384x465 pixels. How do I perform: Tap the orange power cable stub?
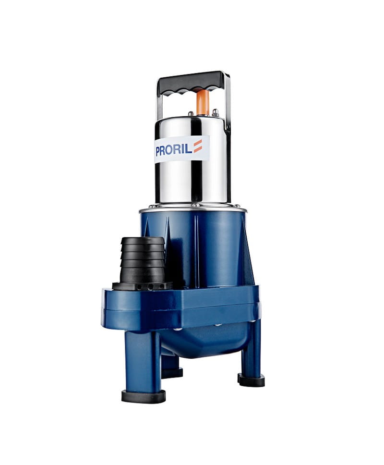click(203, 102)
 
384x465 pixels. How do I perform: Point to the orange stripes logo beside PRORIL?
click(198, 147)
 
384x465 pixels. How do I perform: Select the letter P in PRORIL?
click(158, 151)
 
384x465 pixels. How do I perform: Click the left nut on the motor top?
click(191, 113)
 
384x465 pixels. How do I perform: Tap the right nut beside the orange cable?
click(216, 112)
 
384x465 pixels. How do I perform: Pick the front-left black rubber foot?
click(144, 396)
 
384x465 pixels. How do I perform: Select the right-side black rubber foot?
click(251, 379)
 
